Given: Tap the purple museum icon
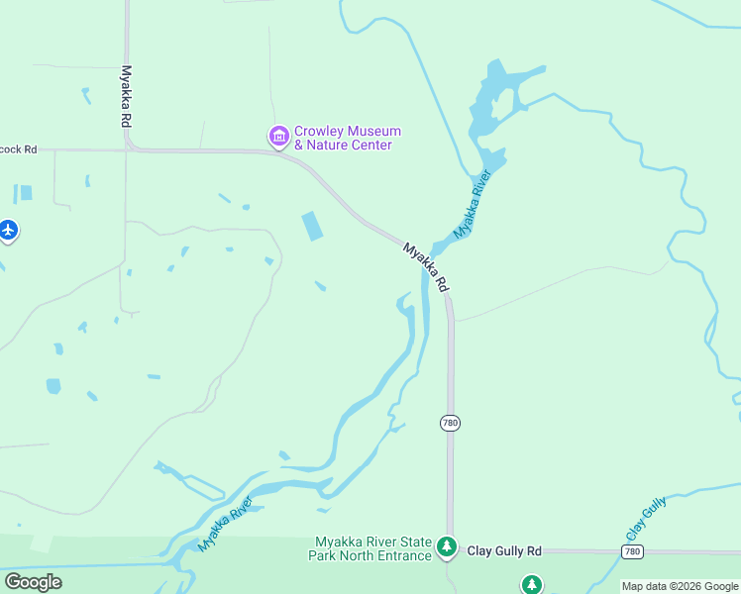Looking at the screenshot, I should click(x=278, y=136).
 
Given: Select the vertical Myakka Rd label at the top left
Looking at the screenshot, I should click(x=126, y=95).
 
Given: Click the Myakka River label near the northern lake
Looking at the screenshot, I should click(x=473, y=205).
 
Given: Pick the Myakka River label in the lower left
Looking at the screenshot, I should click(x=225, y=524).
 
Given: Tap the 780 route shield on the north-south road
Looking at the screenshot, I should click(x=450, y=423).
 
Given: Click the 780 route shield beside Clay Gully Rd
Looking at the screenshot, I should click(x=634, y=550).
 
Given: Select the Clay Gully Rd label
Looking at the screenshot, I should click(x=504, y=550).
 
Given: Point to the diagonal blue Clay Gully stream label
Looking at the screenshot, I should click(x=646, y=518).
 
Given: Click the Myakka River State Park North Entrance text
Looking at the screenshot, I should click(x=373, y=548).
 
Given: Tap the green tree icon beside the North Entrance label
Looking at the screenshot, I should click(x=447, y=546).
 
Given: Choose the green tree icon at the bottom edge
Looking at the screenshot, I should click(x=532, y=585).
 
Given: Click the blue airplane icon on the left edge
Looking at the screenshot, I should click(x=9, y=231).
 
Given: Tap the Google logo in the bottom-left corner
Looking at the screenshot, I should click(x=33, y=582).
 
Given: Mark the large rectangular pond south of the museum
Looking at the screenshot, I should click(x=312, y=226).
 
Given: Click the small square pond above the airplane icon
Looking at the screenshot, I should click(x=26, y=192).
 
